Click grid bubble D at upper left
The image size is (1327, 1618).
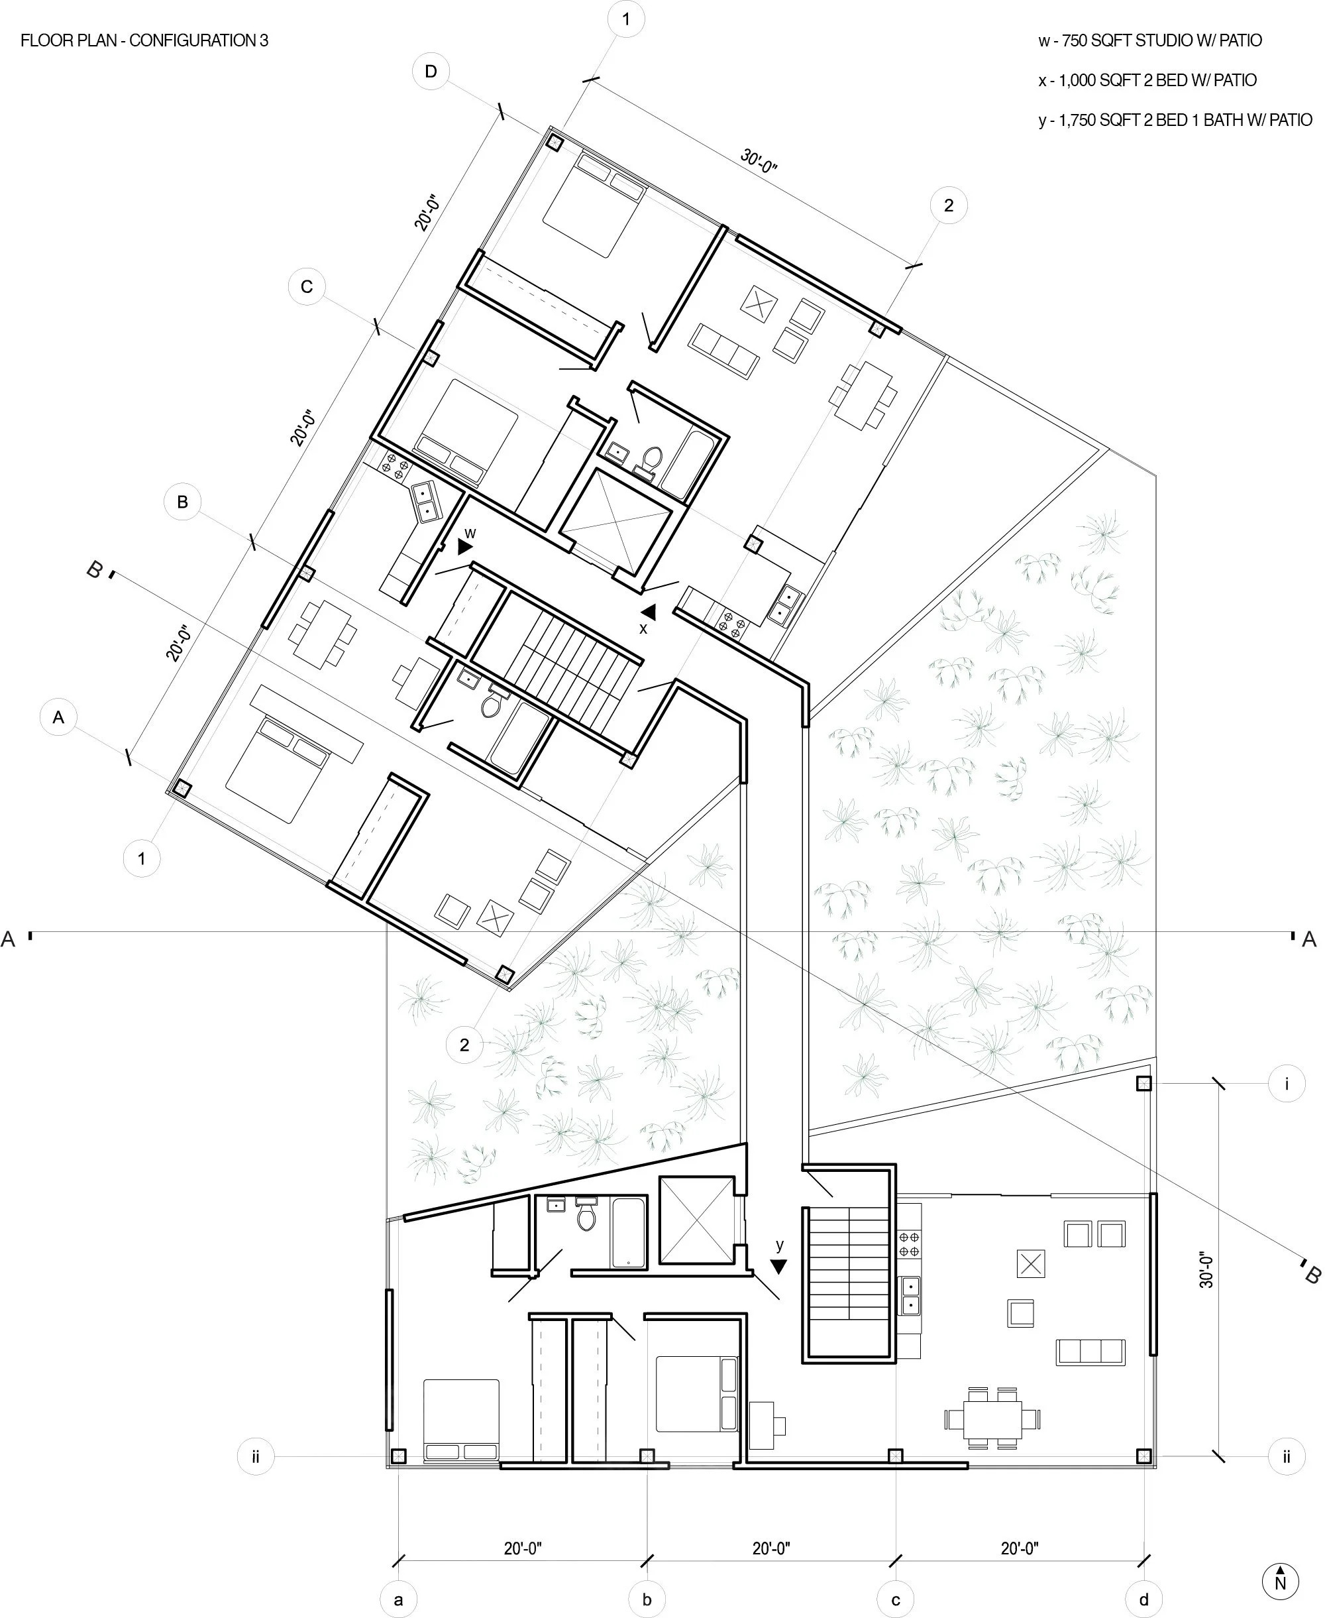pos(431,72)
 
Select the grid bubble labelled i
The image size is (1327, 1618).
pos(1287,1084)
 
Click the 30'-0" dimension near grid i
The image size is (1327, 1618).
pos(1206,1270)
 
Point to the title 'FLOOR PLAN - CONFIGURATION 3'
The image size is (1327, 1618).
pos(144,41)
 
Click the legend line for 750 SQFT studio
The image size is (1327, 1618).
pos(1149,41)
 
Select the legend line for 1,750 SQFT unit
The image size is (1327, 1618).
pos(1175,120)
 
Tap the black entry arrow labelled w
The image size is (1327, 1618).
pos(465,547)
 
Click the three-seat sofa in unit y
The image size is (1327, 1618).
pos(1090,1352)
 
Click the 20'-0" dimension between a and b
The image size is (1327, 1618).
pos(523,1548)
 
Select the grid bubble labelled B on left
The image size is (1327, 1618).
pos(182,502)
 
